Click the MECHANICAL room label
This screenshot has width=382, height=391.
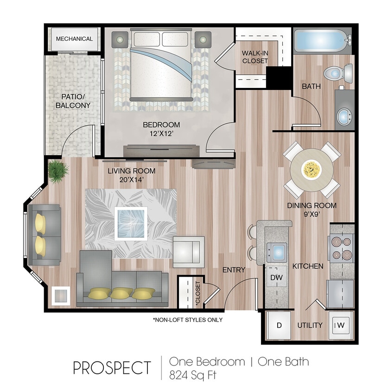[x=74, y=39]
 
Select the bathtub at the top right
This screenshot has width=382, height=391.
[x=320, y=42]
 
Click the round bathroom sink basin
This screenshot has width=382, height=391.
[x=344, y=116]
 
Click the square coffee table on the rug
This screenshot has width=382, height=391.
[x=131, y=223]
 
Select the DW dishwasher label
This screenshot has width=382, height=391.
[x=277, y=277]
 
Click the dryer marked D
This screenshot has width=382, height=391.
[x=279, y=325]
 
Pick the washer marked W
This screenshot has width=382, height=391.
[x=341, y=325]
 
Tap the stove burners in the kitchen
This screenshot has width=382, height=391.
[x=342, y=249]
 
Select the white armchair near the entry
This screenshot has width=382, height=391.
[x=188, y=251]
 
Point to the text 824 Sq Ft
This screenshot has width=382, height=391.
[x=193, y=374]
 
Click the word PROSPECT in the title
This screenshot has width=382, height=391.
[x=111, y=368]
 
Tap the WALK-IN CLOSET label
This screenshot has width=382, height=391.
[x=255, y=57]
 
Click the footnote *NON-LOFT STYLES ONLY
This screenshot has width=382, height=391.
[x=187, y=320]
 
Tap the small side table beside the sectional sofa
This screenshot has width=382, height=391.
[x=61, y=295]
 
